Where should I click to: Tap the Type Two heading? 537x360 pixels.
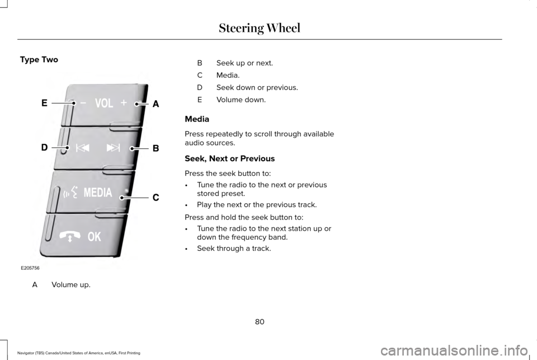click(x=39, y=59)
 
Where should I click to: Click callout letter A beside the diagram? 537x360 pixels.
click(x=156, y=104)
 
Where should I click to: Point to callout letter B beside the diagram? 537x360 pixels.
click(x=156, y=148)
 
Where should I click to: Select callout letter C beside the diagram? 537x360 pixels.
click(x=156, y=197)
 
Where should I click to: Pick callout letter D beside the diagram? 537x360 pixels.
click(x=44, y=147)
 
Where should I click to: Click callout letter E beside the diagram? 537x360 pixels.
click(x=44, y=102)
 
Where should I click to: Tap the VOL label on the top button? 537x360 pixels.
click(x=104, y=104)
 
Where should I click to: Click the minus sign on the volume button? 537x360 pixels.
click(x=83, y=103)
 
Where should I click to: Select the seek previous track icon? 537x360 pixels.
click(x=82, y=148)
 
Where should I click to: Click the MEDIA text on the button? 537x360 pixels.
click(x=98, y=193)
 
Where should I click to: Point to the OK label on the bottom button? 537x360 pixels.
click(x=94, y=237)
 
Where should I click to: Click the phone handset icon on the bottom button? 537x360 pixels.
click(x=73, y=236)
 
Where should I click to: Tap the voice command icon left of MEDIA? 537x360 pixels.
click(x=71, y=193)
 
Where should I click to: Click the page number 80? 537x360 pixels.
click(x=259, y=321)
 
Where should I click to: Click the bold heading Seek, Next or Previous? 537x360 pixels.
click(x=230, y=158)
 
